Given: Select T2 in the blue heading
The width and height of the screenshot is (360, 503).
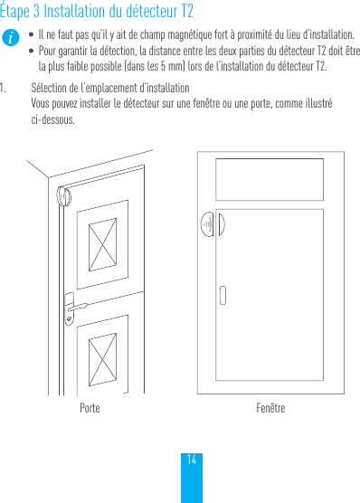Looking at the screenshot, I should pos(185,12).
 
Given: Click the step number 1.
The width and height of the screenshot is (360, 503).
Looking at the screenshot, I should pos(5,89).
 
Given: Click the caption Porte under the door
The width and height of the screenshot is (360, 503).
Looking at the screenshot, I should pos(90,409).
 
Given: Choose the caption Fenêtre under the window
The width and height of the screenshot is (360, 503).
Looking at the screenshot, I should pos(270,409).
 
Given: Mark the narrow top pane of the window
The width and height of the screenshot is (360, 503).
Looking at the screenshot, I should pos(270,175).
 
